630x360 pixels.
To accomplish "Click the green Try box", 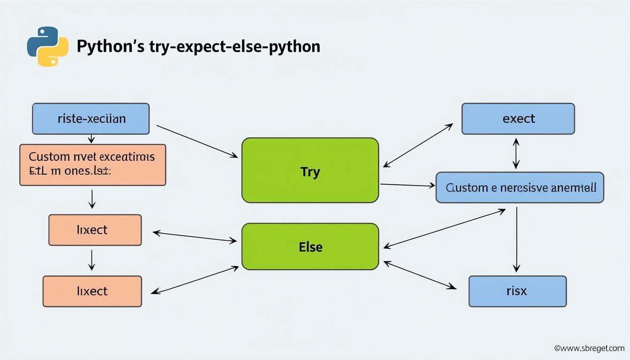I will [310, 171].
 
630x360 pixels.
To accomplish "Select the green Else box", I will [310, 247].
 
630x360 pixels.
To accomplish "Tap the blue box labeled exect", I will [518, 119].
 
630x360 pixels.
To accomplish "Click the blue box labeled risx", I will [517, 291].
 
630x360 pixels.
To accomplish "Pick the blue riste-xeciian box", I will [90, 119].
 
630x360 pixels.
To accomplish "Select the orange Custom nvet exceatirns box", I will [92, 165].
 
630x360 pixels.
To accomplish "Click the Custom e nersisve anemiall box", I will [520, 187].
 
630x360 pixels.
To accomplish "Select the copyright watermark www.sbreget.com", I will [589, 348].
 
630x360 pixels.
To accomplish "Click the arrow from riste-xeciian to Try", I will [197, 141].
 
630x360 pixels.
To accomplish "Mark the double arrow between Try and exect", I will [418, 145].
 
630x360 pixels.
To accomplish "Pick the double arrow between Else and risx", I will [420, 275].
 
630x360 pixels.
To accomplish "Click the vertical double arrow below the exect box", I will [516, 153].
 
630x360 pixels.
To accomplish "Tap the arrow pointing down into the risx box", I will [516, 239].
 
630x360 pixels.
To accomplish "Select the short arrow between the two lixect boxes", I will [92, 260].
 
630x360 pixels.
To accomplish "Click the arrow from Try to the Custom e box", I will [407, 185].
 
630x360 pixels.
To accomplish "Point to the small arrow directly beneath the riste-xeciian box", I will [91, 139].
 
